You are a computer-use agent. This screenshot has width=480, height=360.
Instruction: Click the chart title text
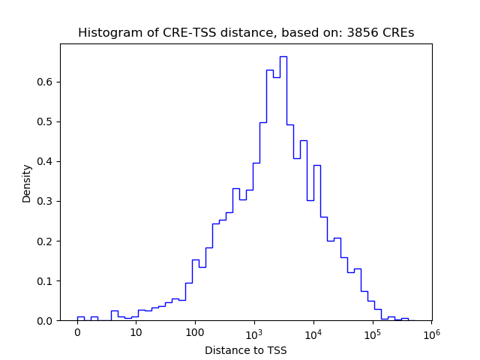tap(245, 33)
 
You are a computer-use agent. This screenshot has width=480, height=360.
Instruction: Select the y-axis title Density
tap(27, 183)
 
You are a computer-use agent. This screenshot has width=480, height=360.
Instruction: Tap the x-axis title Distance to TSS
tap(245, 349)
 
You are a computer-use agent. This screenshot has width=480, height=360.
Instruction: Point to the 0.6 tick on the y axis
tap(46, 82)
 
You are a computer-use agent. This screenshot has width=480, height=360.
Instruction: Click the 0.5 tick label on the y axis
tap(46, 121)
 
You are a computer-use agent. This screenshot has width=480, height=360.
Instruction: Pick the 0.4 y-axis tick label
tap(46, 161)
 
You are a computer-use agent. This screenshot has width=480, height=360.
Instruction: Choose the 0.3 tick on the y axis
tap(46, 201)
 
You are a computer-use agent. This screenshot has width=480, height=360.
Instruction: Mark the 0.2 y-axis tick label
tap(46, 241)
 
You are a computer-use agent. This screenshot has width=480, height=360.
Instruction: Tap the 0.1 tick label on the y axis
tap(46, 281)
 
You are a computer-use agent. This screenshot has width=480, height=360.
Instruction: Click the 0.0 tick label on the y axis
tap(46, 321)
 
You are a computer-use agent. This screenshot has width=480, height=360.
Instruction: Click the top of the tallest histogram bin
tap(283, 56)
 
